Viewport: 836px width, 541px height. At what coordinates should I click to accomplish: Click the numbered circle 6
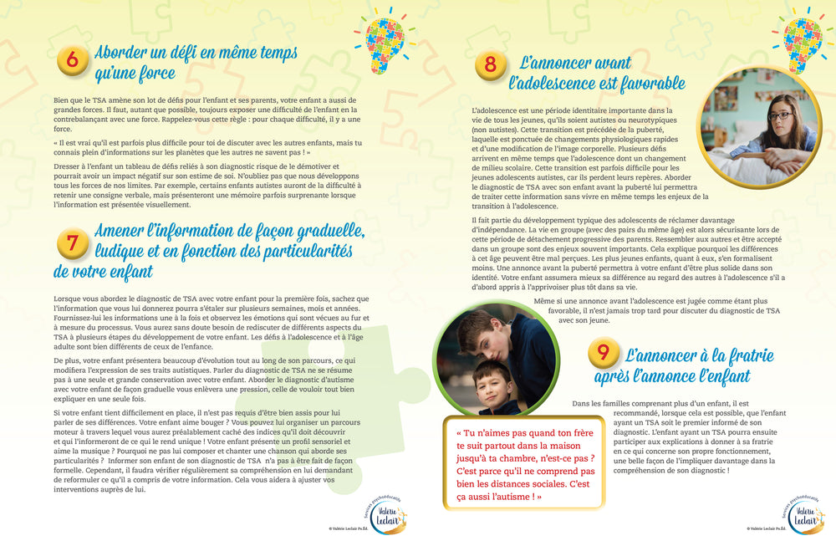click(73, 61)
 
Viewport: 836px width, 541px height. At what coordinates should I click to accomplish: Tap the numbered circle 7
click(73, 244)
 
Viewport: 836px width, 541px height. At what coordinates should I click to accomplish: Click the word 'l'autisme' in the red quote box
click(502, 497)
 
